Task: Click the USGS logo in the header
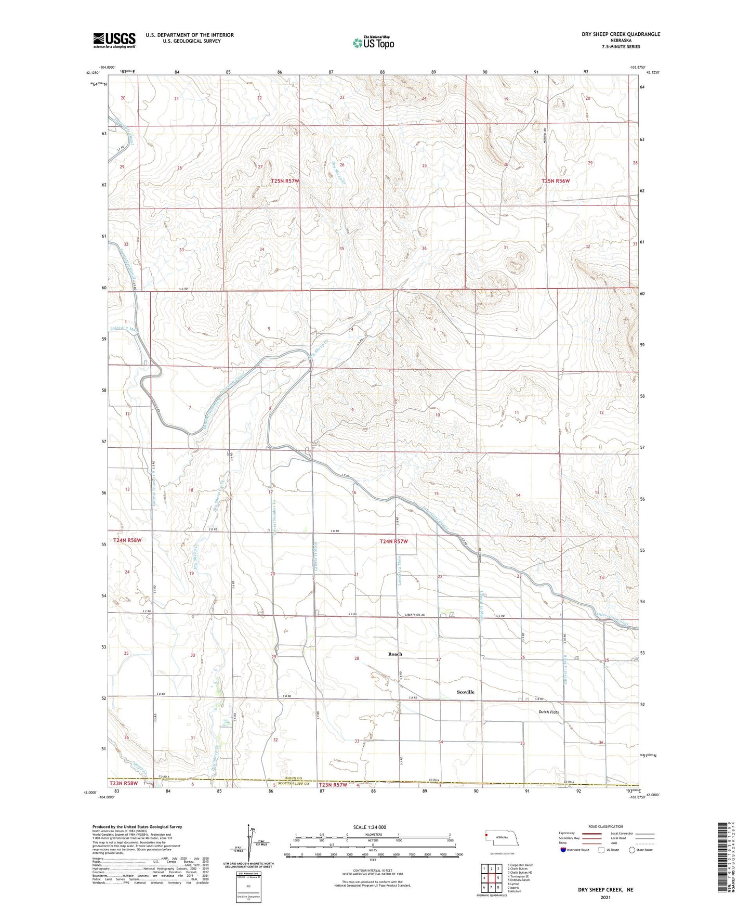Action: tap(114, 40)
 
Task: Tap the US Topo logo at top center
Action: tap(373, 43)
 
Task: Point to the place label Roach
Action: tap(395, 654)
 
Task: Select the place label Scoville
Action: tap(465, 692)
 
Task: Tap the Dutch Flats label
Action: tap(548, 712)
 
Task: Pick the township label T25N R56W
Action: tap(556, 181)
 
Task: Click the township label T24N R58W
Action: tap(127, 540)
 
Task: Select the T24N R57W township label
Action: tap(393, 541)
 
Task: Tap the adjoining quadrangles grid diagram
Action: tap(491, 878)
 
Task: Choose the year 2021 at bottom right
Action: tap(605, 897)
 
